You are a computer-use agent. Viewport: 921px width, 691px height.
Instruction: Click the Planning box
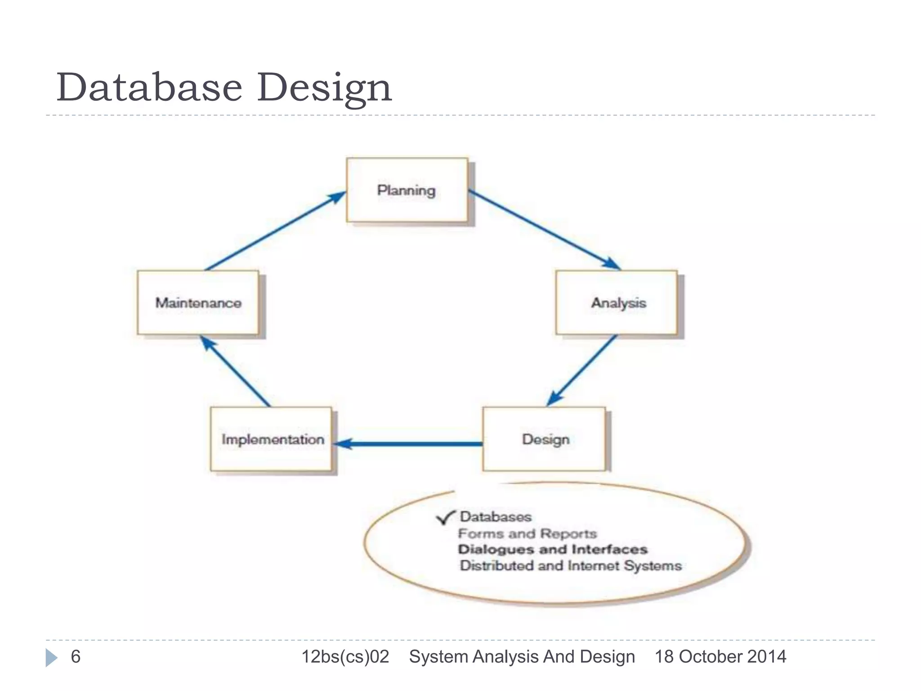pos(407,190)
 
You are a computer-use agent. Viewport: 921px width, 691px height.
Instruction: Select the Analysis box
pos(617,303)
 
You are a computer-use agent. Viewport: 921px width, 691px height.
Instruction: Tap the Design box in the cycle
pos(545,439)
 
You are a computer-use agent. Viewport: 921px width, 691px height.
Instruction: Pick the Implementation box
pos(272,439)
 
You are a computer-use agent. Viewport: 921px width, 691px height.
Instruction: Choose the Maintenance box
pos(198,303)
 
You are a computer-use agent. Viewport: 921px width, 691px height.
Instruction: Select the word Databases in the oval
pos(496,516)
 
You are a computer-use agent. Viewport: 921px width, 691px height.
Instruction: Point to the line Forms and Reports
pos(527,534)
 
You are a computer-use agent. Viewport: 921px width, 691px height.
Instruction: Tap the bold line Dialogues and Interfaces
pos(553,549)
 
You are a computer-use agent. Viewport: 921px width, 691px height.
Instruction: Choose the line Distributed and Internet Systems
pos(571,565)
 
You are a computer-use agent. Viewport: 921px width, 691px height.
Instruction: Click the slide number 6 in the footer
pos(76,656)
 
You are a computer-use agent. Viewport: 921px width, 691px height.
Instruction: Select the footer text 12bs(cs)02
pos(345,656)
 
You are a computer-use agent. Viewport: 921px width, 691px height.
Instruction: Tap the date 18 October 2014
pos(720,656)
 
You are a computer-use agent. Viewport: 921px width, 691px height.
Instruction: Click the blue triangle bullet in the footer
pos(51,657)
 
